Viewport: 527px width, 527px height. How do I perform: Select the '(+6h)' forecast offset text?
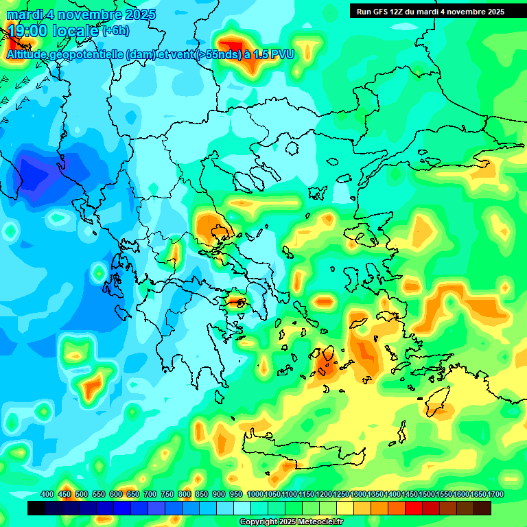pyautogui.click(x=115, y=31)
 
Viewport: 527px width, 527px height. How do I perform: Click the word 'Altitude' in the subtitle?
pyautogui.click(x=30, y=54)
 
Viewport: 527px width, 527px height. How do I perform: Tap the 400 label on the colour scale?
pyautogui.click(x=47, y=494)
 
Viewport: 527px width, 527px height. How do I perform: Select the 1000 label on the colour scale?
pyautogui.click(x=255, y=494)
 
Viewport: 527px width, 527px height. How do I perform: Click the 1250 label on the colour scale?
pyautogui.click(x=341, y=494)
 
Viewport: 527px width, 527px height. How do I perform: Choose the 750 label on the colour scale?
pyautogui.click(x=167, y=494)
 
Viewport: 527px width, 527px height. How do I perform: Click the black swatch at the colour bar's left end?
pyautogui.click(x=36, y=508)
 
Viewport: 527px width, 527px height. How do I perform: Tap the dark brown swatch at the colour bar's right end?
pyautogui.click(x=482, y=508)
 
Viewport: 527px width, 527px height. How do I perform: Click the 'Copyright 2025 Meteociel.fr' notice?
pyautogui.click(x=292, y=522)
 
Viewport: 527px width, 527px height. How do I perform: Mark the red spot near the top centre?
pyautogui.click(x=235, y=45)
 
